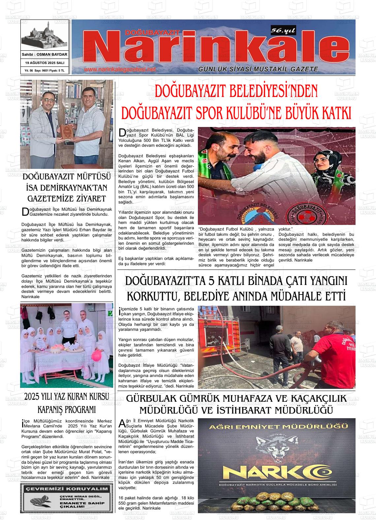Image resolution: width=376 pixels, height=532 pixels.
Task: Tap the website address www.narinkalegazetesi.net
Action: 119,70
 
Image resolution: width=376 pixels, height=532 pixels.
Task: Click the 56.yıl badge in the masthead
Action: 283,31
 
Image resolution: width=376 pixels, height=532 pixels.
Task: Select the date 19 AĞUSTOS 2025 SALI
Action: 45,63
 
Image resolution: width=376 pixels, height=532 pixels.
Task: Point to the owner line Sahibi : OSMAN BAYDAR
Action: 45,54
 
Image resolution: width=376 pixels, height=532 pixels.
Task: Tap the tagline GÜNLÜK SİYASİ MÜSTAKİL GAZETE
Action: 258,69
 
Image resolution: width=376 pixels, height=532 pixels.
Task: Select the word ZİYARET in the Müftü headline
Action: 89,199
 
